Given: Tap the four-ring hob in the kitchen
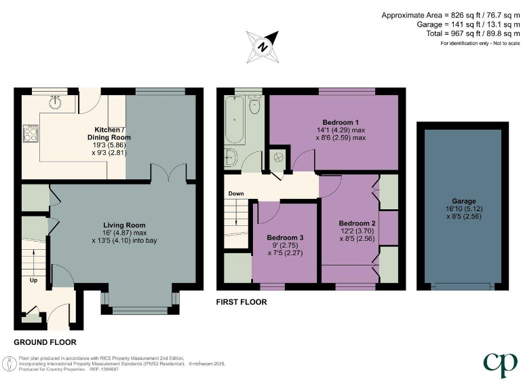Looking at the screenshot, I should (31, 133).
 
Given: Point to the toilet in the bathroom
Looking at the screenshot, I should (254, 105).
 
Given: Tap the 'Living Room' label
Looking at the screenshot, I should (124, 225).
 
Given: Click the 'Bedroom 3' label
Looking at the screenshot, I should (284, 237).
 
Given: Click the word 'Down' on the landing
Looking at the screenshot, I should (235, 193).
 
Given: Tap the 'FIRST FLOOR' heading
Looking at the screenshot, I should (242, 302).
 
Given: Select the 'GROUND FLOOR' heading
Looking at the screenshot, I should (45, 342).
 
